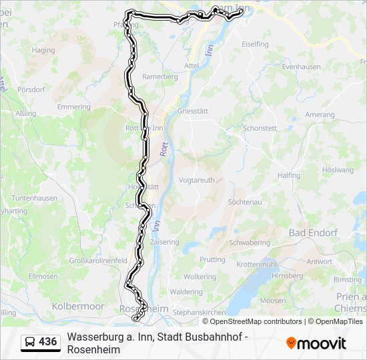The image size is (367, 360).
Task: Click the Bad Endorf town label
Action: point(313,233)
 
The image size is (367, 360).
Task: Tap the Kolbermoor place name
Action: point(77,306)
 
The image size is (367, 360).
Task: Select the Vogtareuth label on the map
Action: point(197,180)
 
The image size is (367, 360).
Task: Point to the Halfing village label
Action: point(289,175)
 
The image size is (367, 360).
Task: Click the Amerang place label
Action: point(320,115)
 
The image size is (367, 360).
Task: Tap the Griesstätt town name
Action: point(194,112)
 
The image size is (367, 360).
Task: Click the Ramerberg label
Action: point(160,77)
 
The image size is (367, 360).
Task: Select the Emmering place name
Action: point(73,107)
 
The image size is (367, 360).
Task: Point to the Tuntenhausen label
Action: point(34,199)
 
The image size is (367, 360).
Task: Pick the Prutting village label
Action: point(212,259)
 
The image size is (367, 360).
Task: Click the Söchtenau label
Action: point(243,201)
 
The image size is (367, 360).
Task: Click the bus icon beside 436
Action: point(31,342)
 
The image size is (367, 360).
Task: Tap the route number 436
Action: point(48,342)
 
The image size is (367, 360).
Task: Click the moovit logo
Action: point(316,343)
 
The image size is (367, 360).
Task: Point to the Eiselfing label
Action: point(255,44)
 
